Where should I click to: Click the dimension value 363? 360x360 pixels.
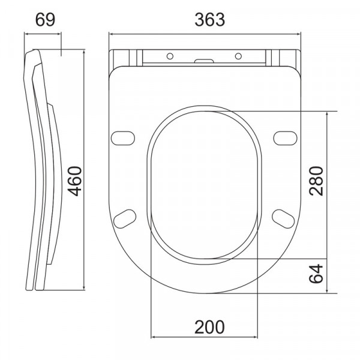[209, 20]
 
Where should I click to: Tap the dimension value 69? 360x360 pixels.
[45, 20]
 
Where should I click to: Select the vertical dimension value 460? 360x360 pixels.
[76, 181]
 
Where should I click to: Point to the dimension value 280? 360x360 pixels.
[316, 181]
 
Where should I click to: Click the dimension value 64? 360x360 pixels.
[316, 274]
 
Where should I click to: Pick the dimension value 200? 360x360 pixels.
[209, 327]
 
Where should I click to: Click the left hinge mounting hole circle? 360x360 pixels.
[170, 56]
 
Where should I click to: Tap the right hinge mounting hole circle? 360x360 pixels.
[238, 56]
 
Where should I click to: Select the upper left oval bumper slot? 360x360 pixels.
[123, 138]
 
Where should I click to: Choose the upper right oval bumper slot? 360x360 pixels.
[286, 138]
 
